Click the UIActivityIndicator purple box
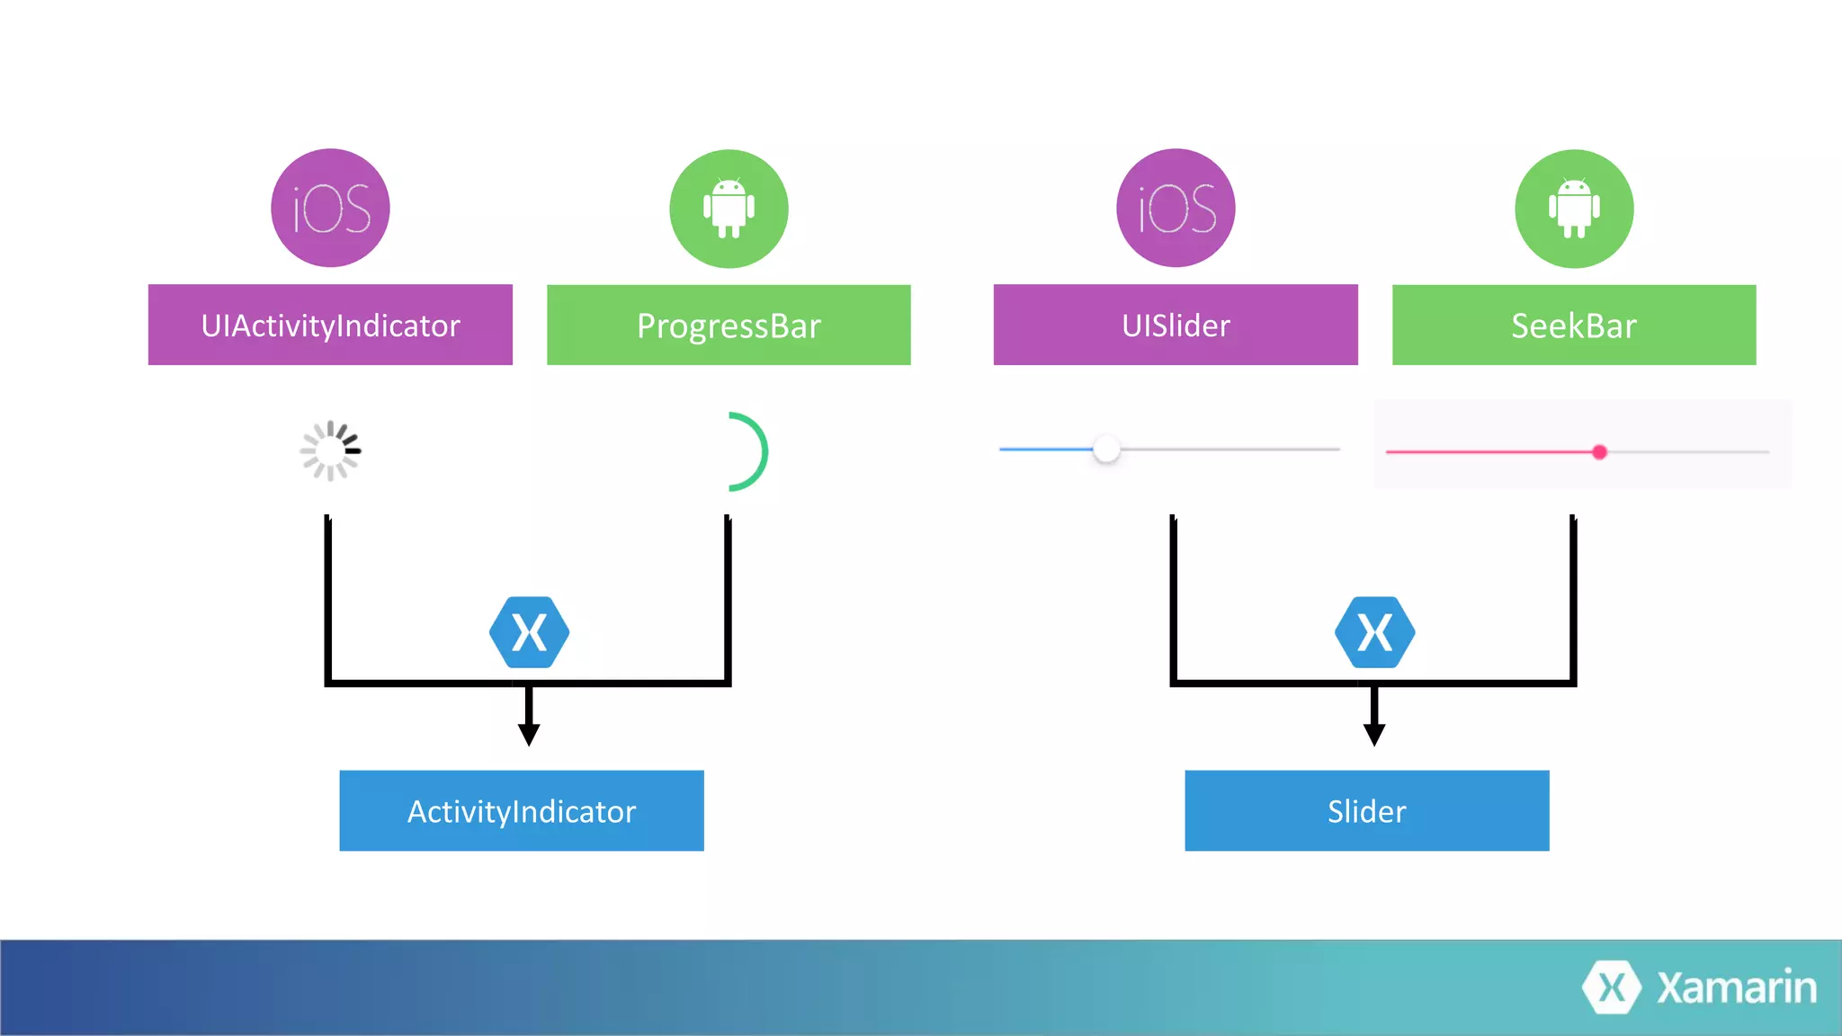[330, 325]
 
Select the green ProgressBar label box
[729, 325]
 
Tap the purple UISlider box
[1176, 325]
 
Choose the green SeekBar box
[1574, 325]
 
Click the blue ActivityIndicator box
[522, 810]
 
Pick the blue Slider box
[1367, 810]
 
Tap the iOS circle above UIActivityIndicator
[330, 208]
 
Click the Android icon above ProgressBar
[729, 209]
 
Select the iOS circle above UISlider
[1176, 208]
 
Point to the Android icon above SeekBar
[1574, 209]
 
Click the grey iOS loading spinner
[330, 451]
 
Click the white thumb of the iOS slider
[1106, 449]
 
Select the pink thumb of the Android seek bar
[1599, 452]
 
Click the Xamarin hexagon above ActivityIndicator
[529, 632]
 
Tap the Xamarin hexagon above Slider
[1374, 632]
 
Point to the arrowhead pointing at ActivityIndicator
[529, 734]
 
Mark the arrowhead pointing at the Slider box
[1374, 734]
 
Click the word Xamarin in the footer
[1737, 987]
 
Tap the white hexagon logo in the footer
[1612, 987]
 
